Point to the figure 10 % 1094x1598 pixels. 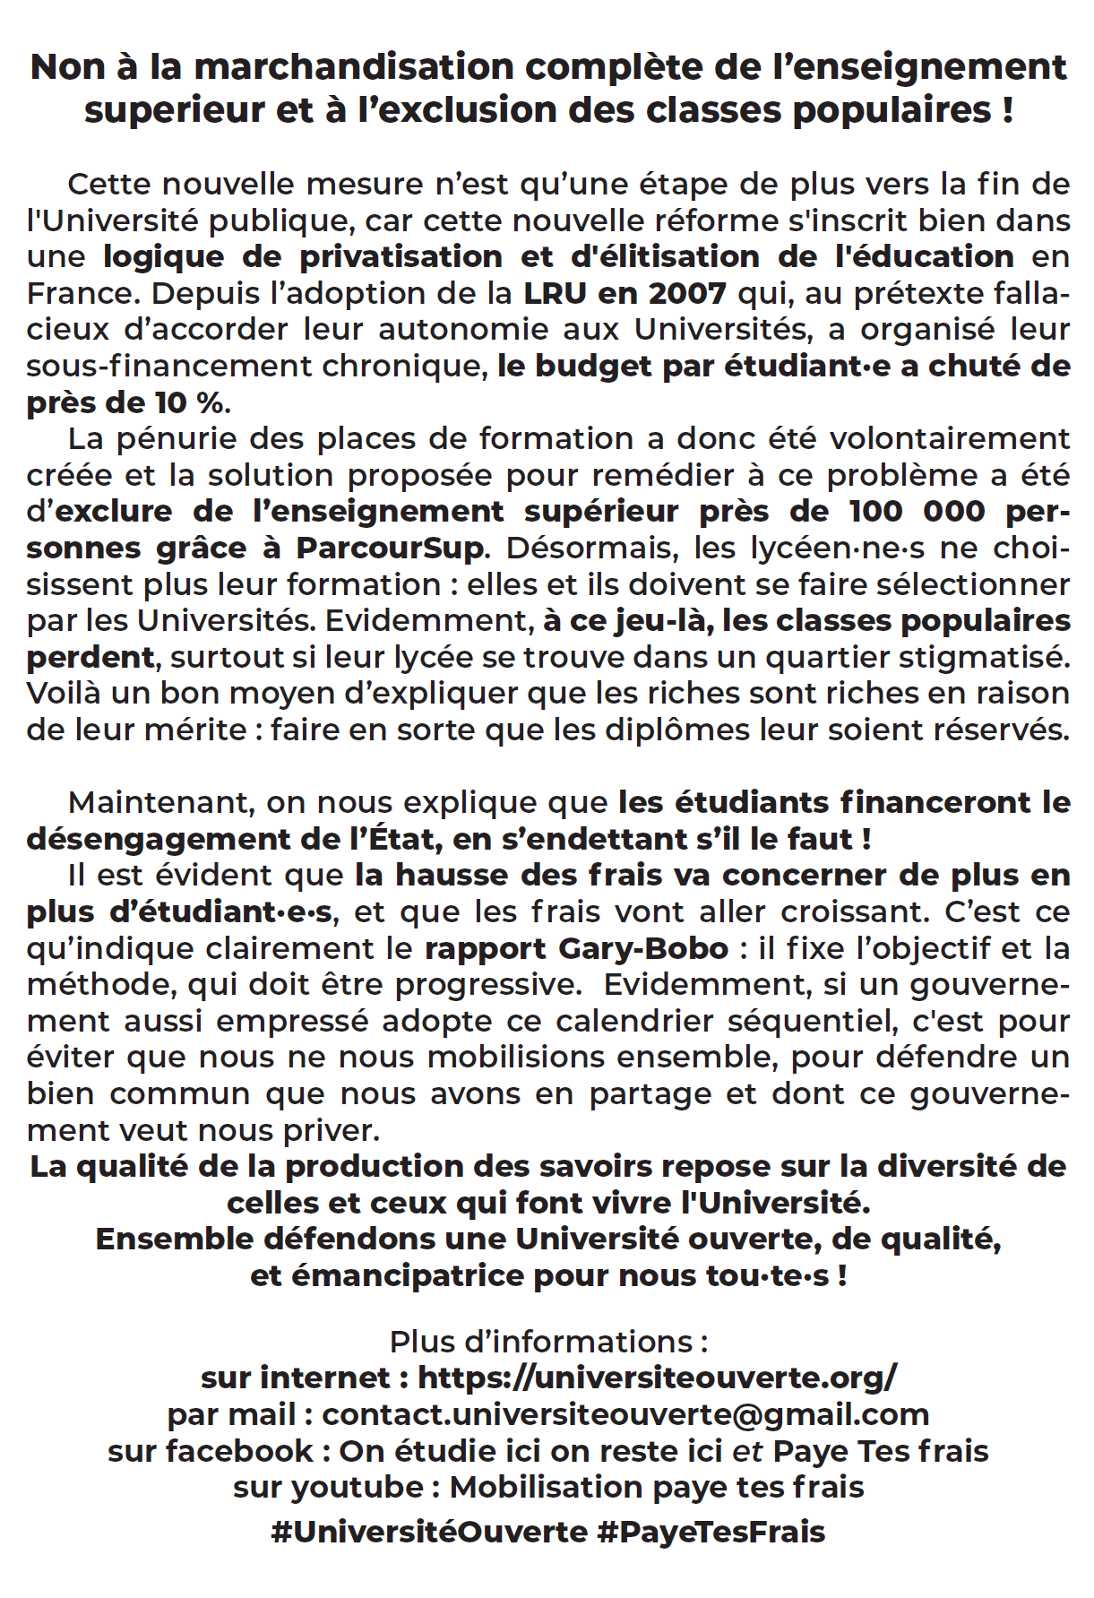coord(188,403)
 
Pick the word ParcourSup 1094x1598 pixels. coord(390,548)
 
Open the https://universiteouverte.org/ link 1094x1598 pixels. coord(657,1378)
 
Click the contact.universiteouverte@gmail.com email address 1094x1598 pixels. coord(625,1414)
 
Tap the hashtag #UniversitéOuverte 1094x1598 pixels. coord(429,1532)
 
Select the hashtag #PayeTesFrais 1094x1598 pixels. coord(711,1532)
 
